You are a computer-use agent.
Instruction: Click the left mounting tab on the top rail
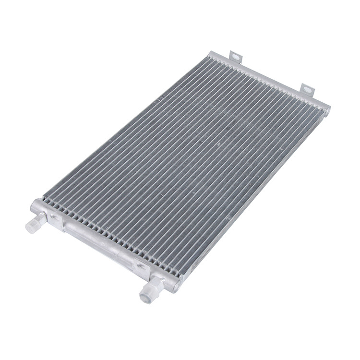click(236, 57)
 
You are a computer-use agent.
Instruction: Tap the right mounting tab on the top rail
click(307, 89)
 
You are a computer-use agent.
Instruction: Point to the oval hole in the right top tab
click(307, 89)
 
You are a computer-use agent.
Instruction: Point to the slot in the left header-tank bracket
click(54, 217)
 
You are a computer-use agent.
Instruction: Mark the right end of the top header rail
click(326, 110)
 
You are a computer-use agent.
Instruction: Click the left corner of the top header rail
click(211, 54)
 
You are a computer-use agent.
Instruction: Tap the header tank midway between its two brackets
click(98, 242)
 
